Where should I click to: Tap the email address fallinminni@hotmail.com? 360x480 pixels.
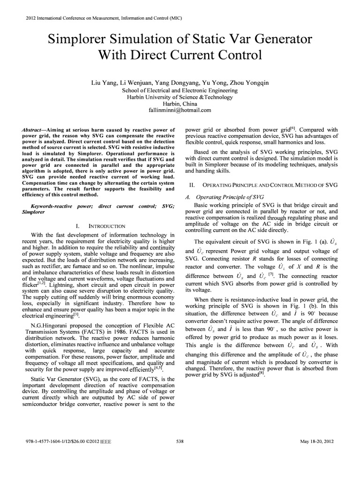pos(180,111)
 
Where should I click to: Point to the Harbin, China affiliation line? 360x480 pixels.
pos(180,104)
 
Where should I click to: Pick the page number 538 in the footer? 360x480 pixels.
pos(180,441)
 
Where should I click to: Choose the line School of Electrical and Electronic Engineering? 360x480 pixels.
pos(180,90)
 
